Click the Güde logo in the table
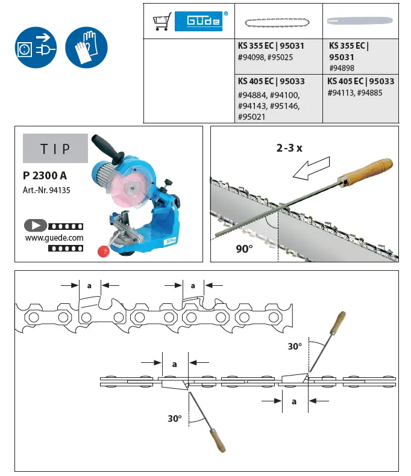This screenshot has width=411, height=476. point(198,22)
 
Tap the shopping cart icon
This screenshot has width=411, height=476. point(162,22)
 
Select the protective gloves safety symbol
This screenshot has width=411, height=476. point(86,47)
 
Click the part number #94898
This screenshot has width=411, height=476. point(342,68)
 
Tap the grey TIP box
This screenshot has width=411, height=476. point(55,149)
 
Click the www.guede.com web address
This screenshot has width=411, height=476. point(54,237)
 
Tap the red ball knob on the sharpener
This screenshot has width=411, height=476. point(104,250)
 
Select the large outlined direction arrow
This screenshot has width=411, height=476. point(310,168)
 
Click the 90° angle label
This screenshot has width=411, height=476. point(243,249)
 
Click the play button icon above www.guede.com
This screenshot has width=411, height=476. point(36,226)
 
